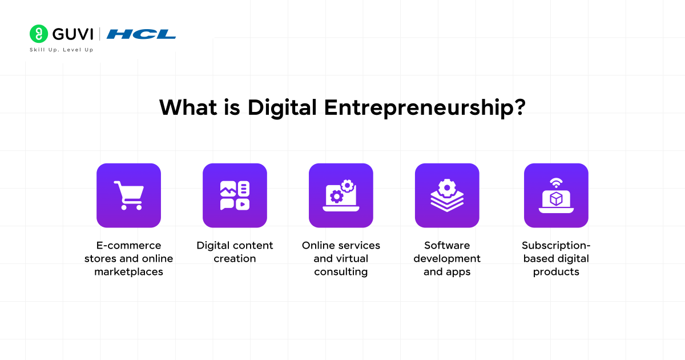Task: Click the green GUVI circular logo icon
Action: coord(39,34)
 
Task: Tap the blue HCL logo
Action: coord(141,34)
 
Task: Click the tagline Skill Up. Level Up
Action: coord(62,50)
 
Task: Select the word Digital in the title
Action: coord(281,109)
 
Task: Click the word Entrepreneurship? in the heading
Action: coord(425,109)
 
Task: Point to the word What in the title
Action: coord(188,107)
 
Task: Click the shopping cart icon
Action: coord(129,195)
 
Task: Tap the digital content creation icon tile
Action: coord(235,195)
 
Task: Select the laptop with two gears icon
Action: coord(341,195)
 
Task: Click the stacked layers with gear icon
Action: coord(447,195)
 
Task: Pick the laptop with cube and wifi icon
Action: coord(556,195)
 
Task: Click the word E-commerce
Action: coord(129,246)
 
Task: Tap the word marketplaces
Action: coord(129,272)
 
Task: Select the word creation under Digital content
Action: coord(235,259)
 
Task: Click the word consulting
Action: coord(341,272)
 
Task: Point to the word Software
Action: coord(447,246)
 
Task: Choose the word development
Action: coord(447,259)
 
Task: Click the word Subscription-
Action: coord(556,246)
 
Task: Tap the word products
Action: coord(556,272)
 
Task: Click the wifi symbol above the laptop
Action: coord(556,183)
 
